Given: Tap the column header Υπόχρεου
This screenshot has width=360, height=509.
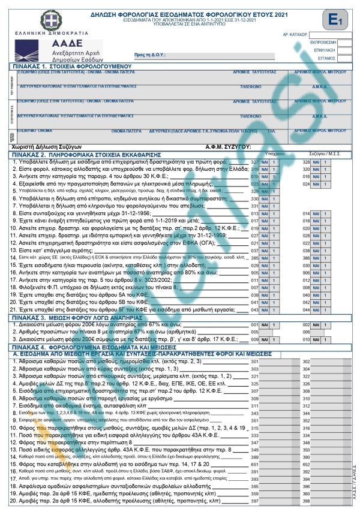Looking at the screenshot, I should tap(274, 153).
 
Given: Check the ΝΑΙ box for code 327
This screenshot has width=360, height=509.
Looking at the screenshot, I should tap(269, 162).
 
